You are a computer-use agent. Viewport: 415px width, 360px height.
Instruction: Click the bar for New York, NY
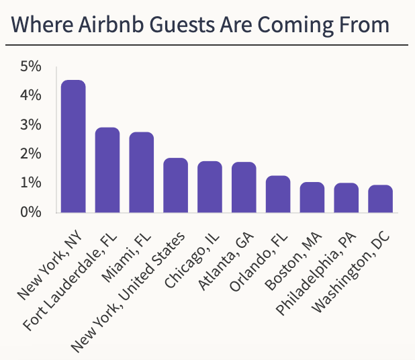[73, 146]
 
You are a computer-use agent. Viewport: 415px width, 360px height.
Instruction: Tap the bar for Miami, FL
[142, 173]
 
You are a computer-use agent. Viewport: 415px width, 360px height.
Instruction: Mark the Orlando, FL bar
[278, 194]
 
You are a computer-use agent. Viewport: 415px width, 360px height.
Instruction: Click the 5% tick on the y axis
[31, 66]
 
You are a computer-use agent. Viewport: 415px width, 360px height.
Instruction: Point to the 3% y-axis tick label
[31, 125]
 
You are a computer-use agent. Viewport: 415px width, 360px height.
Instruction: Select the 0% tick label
[31, 212]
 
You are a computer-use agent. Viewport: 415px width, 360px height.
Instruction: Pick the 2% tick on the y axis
[31, 154]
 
